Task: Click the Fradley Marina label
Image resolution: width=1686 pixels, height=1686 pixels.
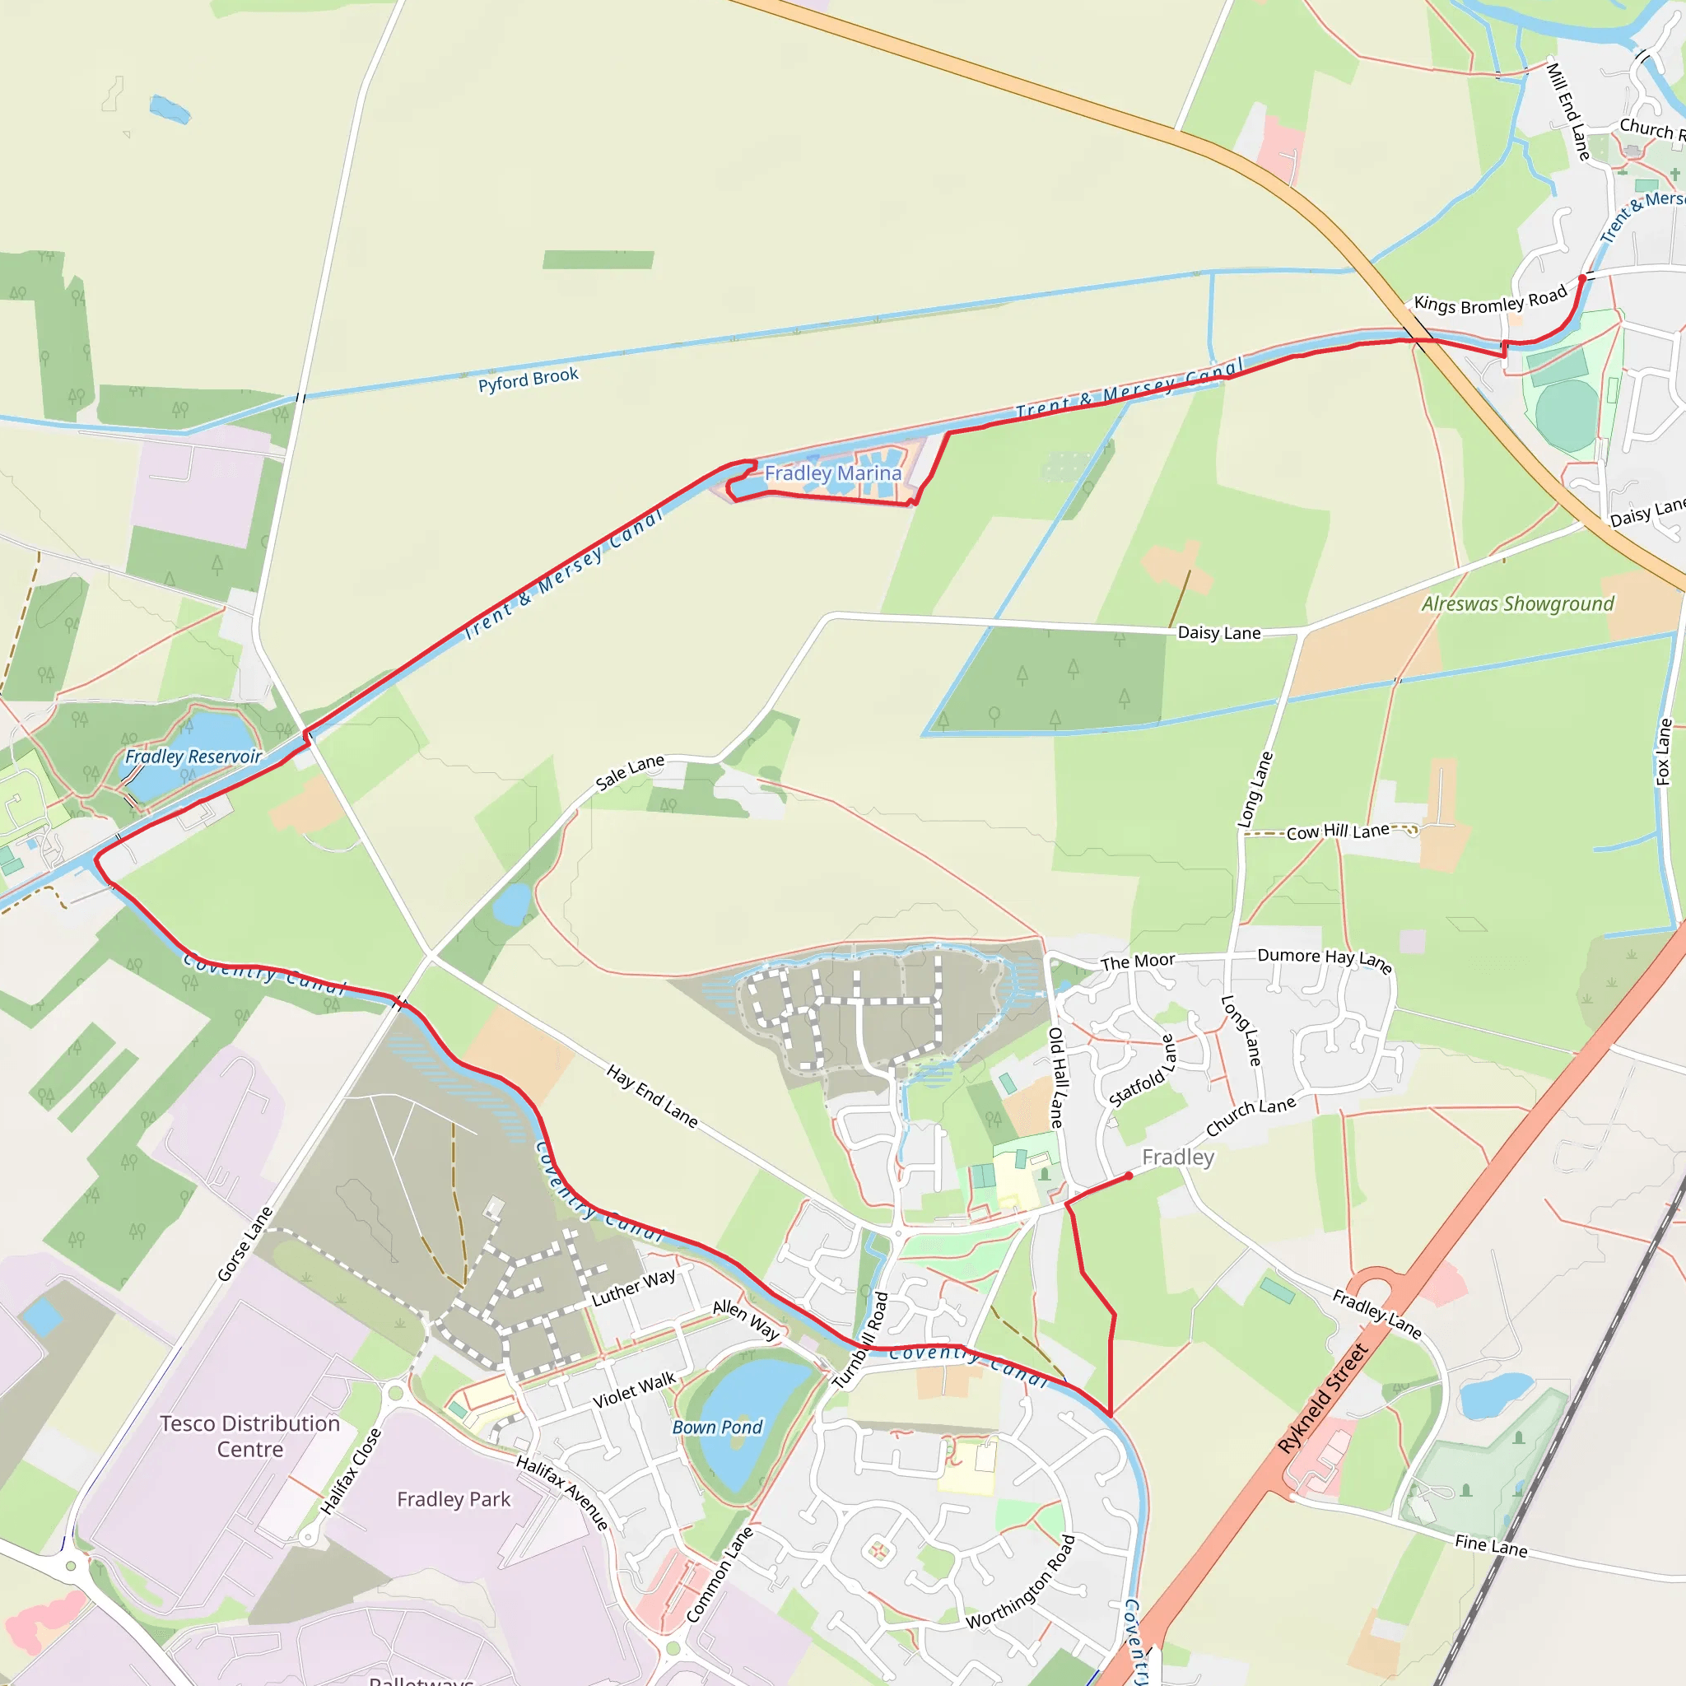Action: [832, 473]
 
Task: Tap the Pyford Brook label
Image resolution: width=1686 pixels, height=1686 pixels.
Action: [528, 380]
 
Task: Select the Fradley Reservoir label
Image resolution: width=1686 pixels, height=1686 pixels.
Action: [193, 757]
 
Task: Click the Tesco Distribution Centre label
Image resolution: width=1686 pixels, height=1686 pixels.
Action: [249, 1436]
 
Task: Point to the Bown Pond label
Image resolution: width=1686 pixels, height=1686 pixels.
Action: [716, 1427]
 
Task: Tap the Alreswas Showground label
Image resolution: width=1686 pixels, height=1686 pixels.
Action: [1517, 604]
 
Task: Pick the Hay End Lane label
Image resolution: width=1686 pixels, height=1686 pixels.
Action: [652, 1096]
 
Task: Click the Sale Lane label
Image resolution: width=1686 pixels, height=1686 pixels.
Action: [630, 772]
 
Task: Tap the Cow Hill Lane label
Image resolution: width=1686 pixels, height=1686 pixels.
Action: [1338, 831]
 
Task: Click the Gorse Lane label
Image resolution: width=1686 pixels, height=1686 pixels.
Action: [245, 1245]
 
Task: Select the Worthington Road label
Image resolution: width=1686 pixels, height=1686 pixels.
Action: [1021, 1582]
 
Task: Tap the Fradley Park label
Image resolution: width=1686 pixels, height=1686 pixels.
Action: [454, 1499]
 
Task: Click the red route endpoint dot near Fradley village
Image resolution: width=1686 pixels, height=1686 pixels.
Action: [1129, 1176]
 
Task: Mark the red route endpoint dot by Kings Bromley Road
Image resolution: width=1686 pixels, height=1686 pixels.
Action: [1582, 278]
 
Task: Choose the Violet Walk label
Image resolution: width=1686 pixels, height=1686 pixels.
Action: [635, 1390]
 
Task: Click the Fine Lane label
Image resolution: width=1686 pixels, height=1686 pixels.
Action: [1491, 1547]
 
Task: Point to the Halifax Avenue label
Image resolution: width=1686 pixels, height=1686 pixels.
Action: [562, 1493]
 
